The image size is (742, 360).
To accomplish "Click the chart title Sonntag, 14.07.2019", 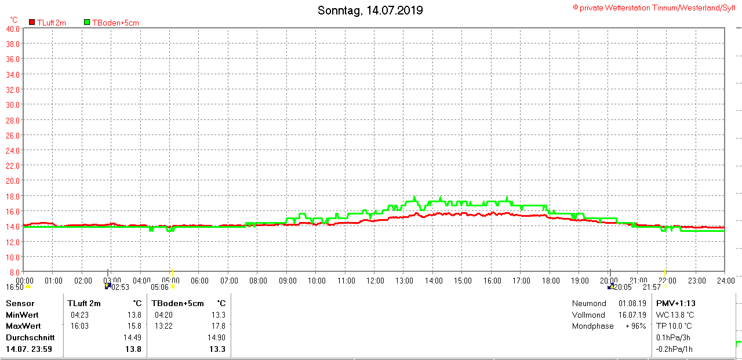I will coord(370,10).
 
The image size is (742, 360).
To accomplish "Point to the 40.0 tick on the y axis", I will coord(13,28).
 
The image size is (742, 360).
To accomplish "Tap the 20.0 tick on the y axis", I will coord(13,180).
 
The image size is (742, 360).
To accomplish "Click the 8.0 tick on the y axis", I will coord(14,272).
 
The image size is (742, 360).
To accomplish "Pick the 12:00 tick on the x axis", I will coord(375,281).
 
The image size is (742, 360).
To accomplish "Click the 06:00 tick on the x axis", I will coord(199,281).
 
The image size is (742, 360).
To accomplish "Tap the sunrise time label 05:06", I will coord(159,287).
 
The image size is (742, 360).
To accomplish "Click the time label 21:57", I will coord(652,287).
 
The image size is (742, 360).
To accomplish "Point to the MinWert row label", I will coord(21,315).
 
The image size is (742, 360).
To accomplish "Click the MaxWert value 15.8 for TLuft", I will coord(134,326).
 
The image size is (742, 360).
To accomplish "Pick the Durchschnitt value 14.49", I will coord(132,337).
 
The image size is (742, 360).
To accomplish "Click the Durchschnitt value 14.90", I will coord(216,337).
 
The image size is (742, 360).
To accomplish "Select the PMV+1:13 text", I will coord(675,303).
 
